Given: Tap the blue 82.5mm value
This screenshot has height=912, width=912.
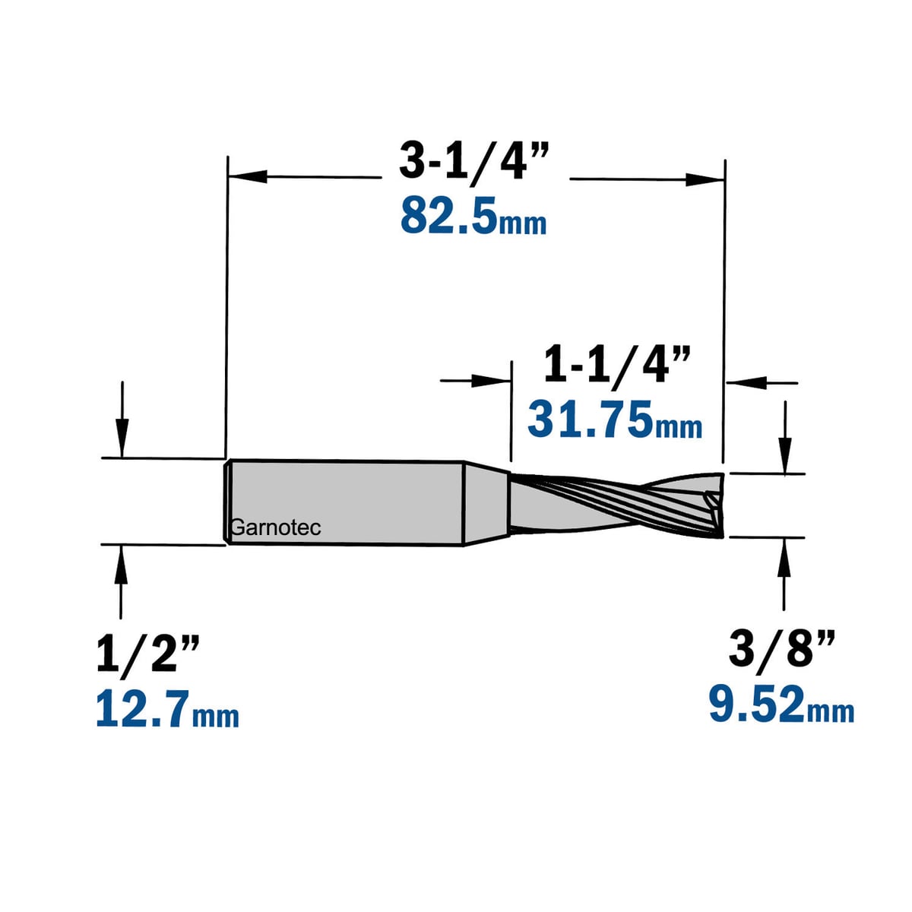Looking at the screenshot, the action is (473, 217).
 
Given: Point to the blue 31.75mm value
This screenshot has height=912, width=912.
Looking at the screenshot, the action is (615, 420).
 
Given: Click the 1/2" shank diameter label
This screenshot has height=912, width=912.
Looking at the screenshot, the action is (148, 654).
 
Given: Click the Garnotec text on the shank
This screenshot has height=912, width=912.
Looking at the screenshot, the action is (276, 527).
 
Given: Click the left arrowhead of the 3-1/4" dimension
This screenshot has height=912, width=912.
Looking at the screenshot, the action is (248, 177).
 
